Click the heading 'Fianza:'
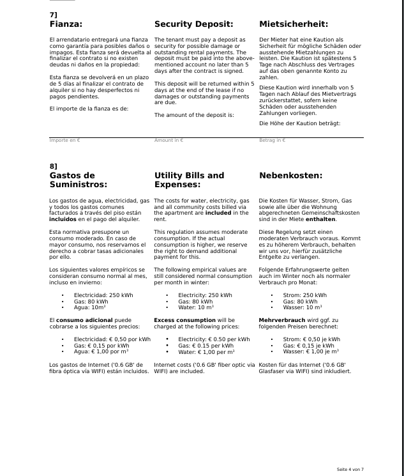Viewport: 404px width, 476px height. click(x=66, y=25)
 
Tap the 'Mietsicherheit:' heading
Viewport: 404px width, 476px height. click(x=294, y=25)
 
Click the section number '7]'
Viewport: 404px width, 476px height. click(x=53, y=14)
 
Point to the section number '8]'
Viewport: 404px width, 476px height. click(x=53, y=166)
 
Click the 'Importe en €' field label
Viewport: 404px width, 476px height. click(x=64, y=140)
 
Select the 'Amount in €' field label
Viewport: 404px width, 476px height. click(x=168, y=140)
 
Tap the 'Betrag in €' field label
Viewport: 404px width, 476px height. click(x=272, y=140)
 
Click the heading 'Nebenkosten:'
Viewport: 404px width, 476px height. click(x=290, y=175)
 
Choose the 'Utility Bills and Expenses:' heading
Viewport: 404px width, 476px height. click(x=189, y=180)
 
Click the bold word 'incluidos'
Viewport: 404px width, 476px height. click(x=63, y=219)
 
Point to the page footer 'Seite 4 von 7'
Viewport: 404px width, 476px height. click(x=350, y=470)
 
